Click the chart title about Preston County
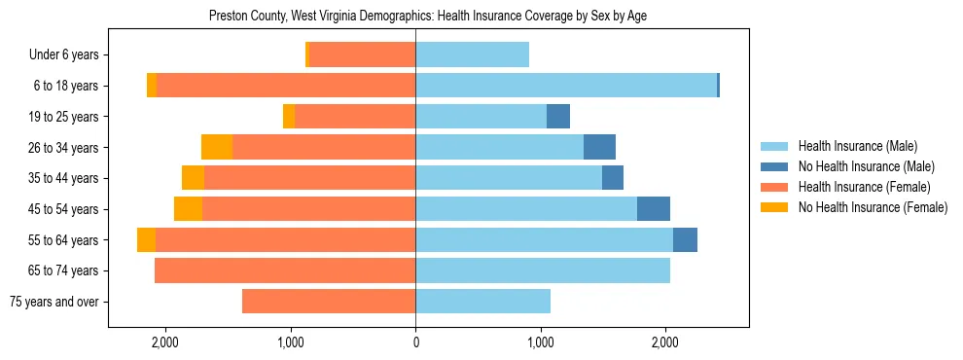pos(428,17)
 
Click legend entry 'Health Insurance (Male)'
pos(857,147)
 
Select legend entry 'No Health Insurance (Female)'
pos(873,207)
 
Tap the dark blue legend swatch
pos(775,167)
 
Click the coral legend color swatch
pos(775,187)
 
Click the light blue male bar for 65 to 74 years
pos(543,270)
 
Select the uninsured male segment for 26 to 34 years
pos(599,147)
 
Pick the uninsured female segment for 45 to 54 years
pos(188,209)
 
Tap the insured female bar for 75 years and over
pos(329,302)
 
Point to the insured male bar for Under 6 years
pos(472,55)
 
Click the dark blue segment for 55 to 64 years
pos(685,240)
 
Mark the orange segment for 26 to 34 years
pos(217,147)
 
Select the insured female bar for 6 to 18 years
pos(286,86)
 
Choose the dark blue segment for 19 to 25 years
pos(558,117)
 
